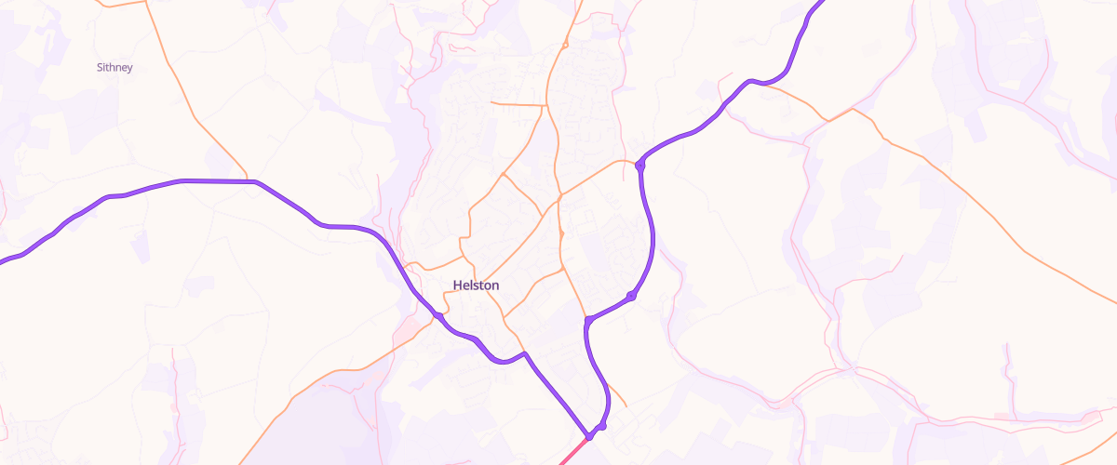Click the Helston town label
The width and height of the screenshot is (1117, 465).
tap(476, 286)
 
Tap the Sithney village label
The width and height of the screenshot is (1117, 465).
tap(114, 67)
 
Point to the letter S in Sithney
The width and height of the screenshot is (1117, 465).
tap(100, 67)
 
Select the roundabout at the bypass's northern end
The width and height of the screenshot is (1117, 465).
tap(640, 166)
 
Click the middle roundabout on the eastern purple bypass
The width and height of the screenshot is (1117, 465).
tap(631, 296)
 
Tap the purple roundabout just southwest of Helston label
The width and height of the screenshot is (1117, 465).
tap(437, 316)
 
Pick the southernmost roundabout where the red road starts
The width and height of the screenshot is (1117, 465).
tap(589, 435)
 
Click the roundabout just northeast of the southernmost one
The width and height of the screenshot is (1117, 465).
tap(602, 425)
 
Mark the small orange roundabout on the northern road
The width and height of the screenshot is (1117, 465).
tap(565, 44)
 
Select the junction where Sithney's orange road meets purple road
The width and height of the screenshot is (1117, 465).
tap(248, 180)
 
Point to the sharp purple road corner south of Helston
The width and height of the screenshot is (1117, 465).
tap(525, 353)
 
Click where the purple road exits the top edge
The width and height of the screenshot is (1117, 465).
tap(821, 3)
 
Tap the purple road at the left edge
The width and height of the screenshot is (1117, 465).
tap(3, 261)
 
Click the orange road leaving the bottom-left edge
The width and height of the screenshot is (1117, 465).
tap(243, 460)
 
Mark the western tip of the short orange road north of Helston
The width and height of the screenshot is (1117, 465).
tap(491, 102)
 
